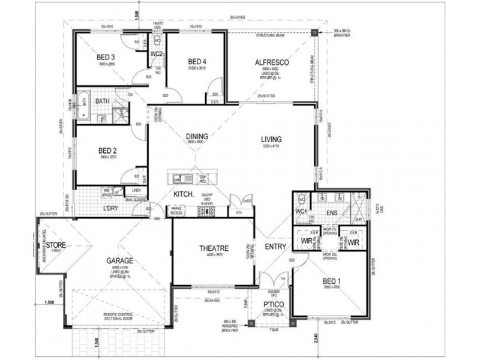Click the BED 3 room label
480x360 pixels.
pyautogui.click(x=106, y=58)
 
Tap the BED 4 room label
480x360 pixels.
pyautogui.click(x=197, y=61)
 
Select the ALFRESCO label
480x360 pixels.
pyautogui.click(x=272, y=62)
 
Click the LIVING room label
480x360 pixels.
pyautogui.click(x=271, y=140)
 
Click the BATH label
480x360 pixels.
pyautogui.click(x=101, y=102)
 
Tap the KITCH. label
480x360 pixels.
pyautogui.click(x=182, y=195)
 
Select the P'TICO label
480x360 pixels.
pyautogui.click(x=272, y=305)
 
